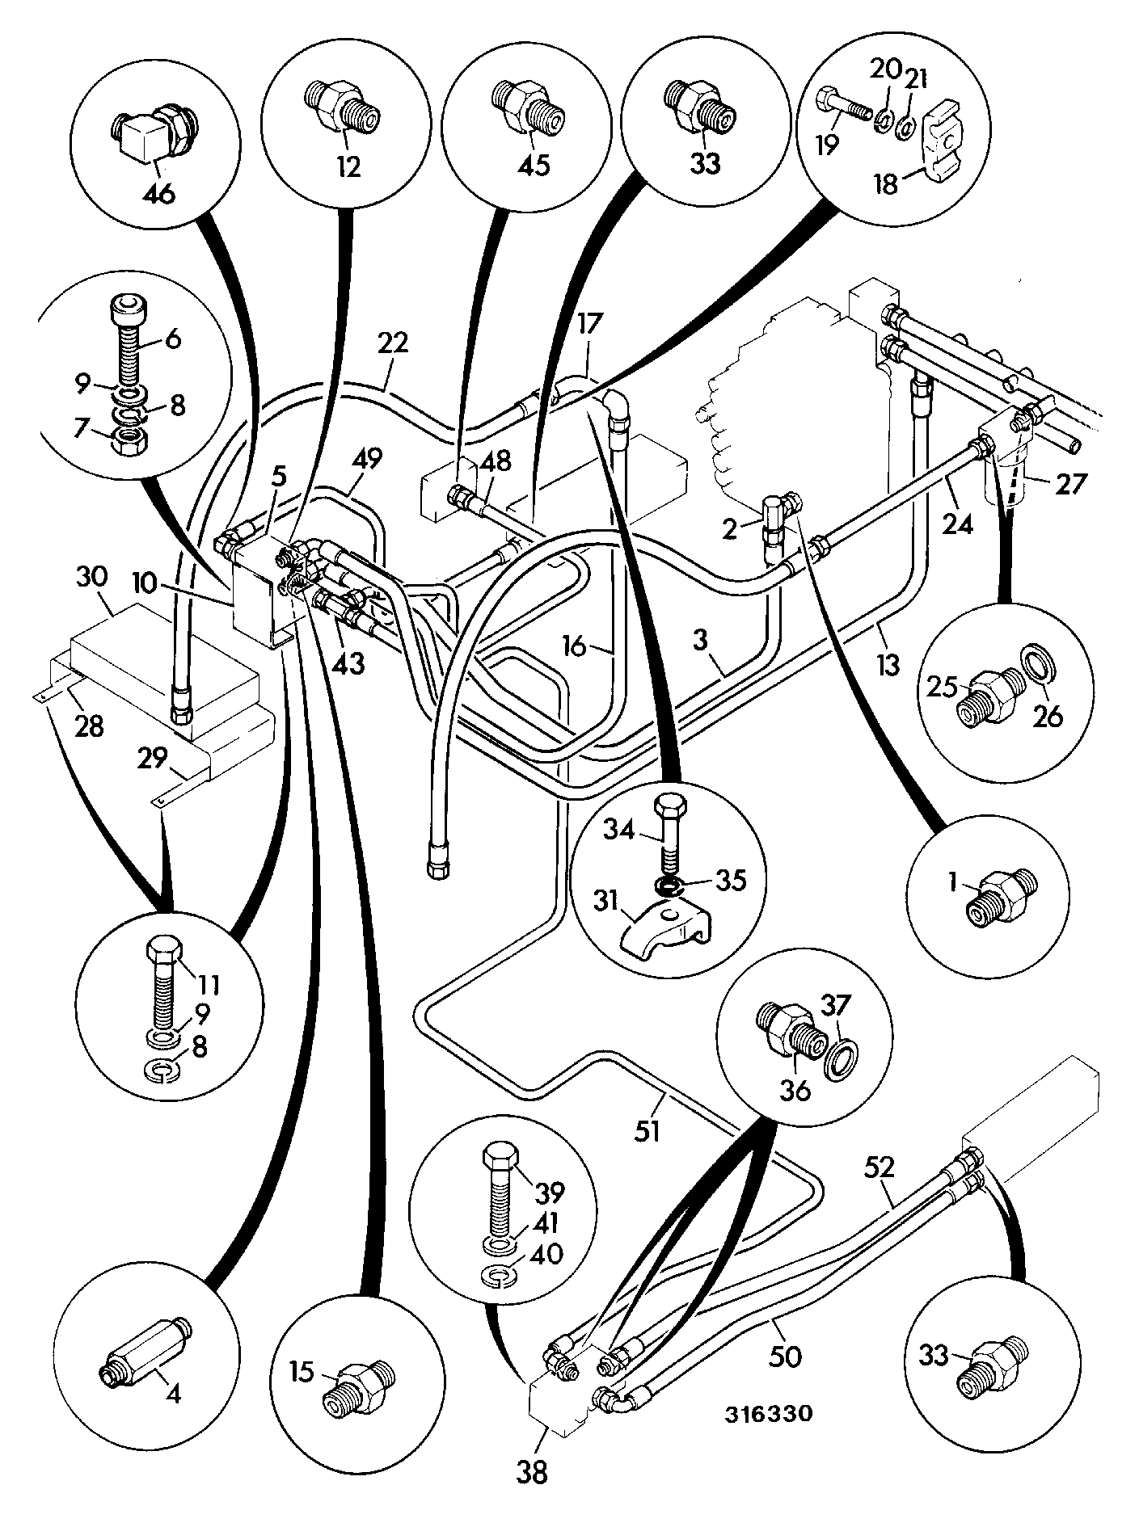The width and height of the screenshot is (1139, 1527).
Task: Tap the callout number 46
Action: tap(158, 194)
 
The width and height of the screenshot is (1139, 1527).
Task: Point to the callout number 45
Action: tap(534, 165)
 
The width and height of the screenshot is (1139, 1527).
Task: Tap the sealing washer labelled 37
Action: tap(842, 1058)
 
